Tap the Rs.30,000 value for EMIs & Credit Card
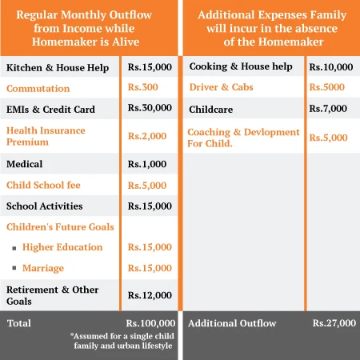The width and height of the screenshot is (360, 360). pyautogui.click(x=150, y=108)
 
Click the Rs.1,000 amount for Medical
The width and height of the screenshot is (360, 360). pyautogui.click(x=147, y=164)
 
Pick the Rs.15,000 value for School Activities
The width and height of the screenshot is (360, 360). pyautogui.click(x=150, y=206)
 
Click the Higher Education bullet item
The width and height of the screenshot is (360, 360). pyautogui.click(x=62, y=247)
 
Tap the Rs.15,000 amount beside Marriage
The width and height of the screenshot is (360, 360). pyautogui.click(x=150, y=268)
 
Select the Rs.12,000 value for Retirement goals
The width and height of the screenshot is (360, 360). pyautogui.click(x=150, y=295)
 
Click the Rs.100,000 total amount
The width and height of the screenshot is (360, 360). pyautogui.click(x=150, y=323)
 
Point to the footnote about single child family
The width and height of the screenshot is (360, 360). pyautogui.click(x=121, y=340)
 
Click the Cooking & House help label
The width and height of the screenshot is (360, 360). pyautogui.click(x=241, y=66)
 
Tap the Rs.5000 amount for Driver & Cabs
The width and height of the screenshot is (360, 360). pyautogui.click(x=328, y=87)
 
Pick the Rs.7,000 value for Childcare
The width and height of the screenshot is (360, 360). pyautogui.click(x=328, y=108)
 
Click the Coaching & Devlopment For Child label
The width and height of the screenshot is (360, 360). pyautogui.click(x=244, y=138)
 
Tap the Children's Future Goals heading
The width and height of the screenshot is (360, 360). pyautogui.click(x=60, y=227)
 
